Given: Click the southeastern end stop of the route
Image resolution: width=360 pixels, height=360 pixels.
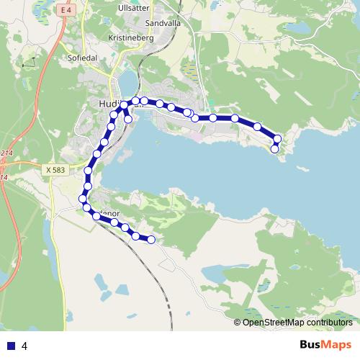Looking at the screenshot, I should pos(151,240).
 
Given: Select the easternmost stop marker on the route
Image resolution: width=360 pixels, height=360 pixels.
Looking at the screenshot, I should pos(277,138).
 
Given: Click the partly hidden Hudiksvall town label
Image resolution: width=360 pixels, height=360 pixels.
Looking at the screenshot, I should pos(108,104).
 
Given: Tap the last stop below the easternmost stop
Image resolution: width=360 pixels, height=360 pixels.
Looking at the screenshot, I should pos(274,149).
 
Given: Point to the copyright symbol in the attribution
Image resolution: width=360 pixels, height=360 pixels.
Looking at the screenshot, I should pos(238,322).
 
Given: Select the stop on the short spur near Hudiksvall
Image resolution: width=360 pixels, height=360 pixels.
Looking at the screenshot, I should pos(128,120).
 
